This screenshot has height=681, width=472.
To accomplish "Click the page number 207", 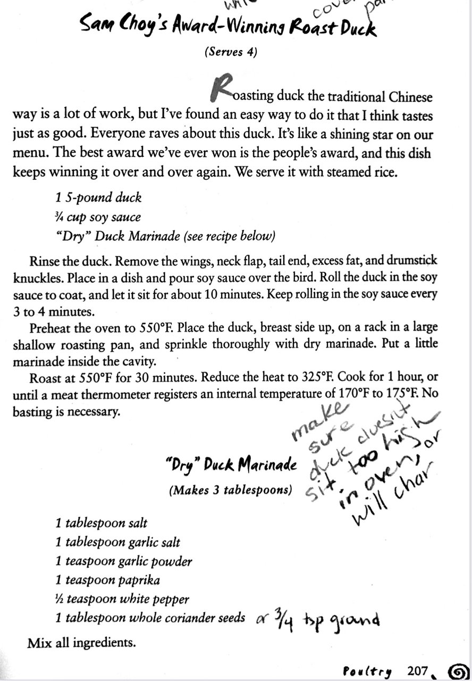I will [x=418, y=671].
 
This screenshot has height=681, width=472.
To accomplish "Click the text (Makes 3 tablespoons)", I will [x=230, y=491].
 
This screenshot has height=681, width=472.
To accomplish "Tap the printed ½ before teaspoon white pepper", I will [x=59, y=599].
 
